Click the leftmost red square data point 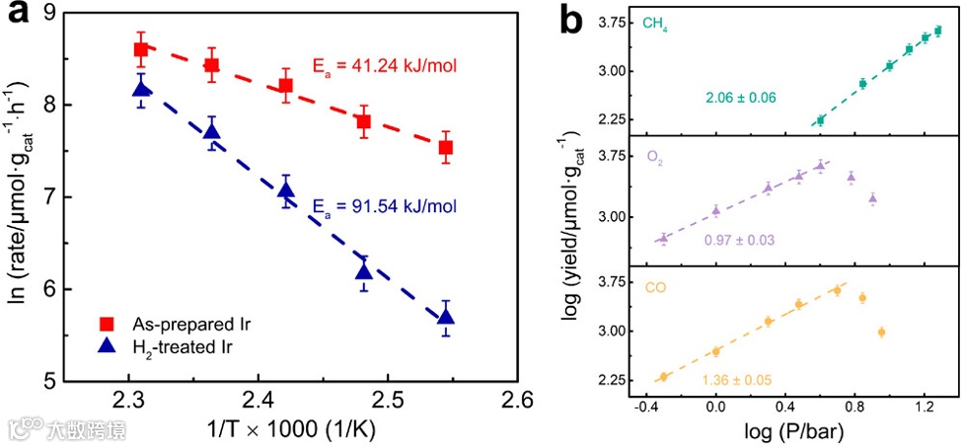[x=140, y=49]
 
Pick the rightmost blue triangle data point [x=446, y=317]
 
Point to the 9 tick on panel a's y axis [x=45, y=12]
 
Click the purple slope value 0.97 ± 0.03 [x=739, y=241]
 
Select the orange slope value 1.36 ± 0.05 [x=736, y=380]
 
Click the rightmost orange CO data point [x=881, y=332]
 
